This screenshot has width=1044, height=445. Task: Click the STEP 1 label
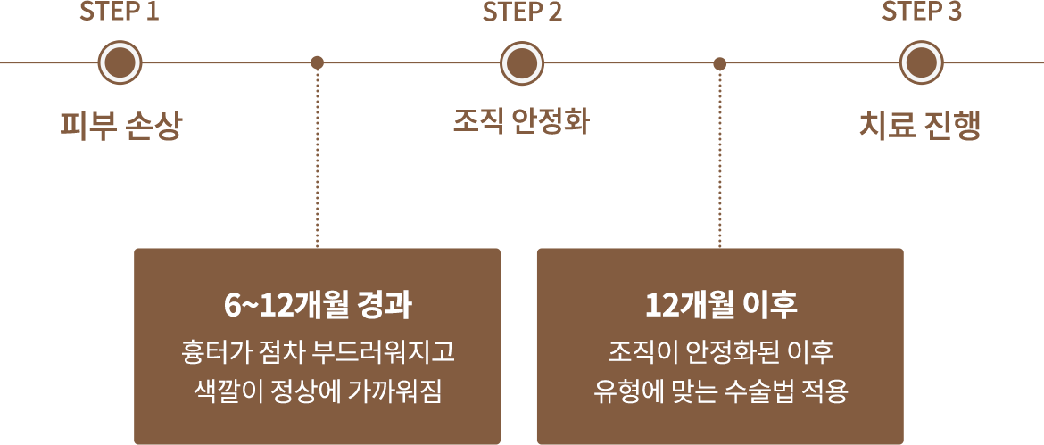tap(120, 12)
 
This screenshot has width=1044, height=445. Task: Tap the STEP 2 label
tap(522, 12)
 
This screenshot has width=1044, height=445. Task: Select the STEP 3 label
tap(922, 12)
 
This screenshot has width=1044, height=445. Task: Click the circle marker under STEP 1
tap(120, 63)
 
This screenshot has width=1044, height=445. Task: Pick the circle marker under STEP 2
tap(522, 63)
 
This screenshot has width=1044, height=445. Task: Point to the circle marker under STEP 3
tap(922, 63)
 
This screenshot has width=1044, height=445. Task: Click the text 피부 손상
tap(120, 127)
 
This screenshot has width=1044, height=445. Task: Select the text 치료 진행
tap(921, 127)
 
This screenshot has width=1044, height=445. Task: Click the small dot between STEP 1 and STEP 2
tap(318, 63)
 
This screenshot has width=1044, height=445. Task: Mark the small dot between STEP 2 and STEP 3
tap(720, 64)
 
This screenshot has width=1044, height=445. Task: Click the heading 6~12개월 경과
tap(317, 305)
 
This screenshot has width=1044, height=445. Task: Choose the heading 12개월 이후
tap(721, 305)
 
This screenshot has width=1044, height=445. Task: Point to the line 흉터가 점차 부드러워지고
tap(317, 352)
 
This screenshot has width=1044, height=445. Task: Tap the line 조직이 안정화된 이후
tap(721, 352)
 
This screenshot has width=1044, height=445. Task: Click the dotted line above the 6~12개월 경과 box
tap(318, 159)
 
